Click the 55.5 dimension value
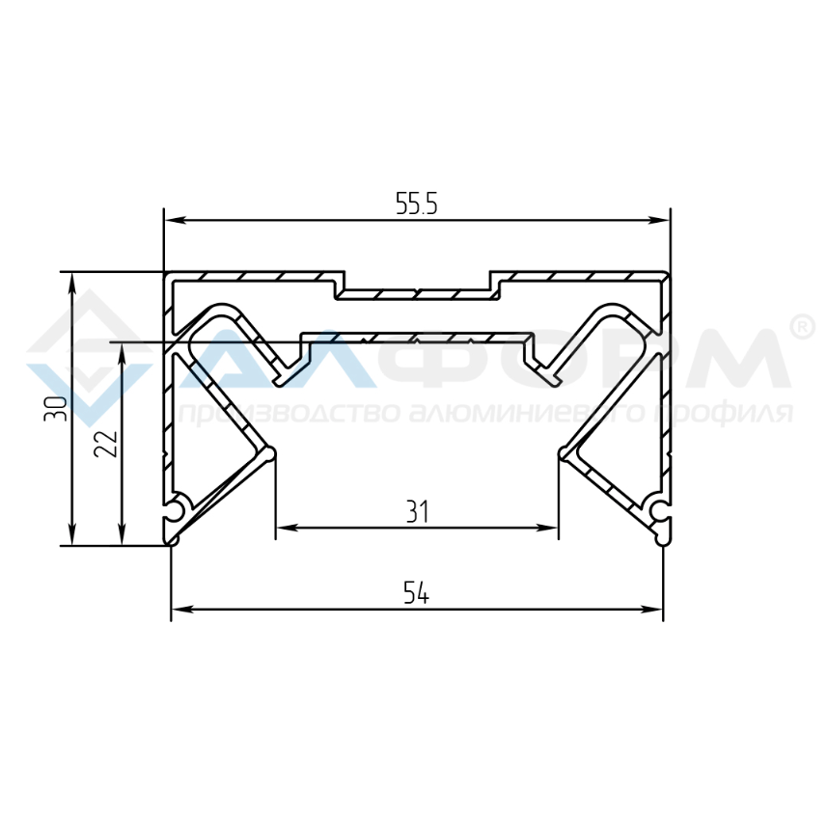click(417, 204)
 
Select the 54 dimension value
click(416, 592)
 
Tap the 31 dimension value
click(418, 511)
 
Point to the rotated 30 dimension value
click(56, 408)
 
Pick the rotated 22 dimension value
click(105, 444)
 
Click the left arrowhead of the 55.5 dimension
click(175, 220)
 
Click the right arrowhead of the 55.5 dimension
click(659, 220)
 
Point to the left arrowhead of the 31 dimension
click(287, 528)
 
